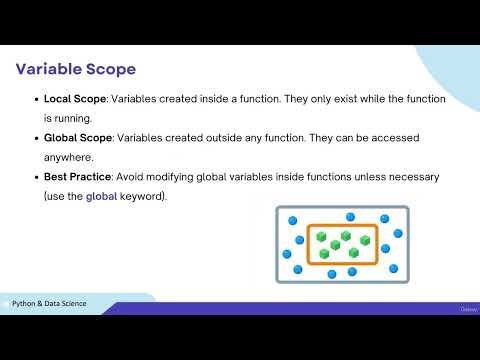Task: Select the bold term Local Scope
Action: pyautogui.click(x=75, y=101)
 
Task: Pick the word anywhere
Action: pyautogui.click(x=68, y=157)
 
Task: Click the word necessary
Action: pyautogui.click(x=416, y=177)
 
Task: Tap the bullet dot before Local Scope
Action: pyautogui.click(x=37, y=101)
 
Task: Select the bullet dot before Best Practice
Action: pyautogui.click(x=37, y=177)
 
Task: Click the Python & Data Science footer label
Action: pyautogui.click(x=55, y=302)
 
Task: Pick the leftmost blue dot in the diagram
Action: pyautogui.click(x=286, y=254)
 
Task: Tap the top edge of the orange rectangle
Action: pyautogui.click(x=342, y=225)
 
